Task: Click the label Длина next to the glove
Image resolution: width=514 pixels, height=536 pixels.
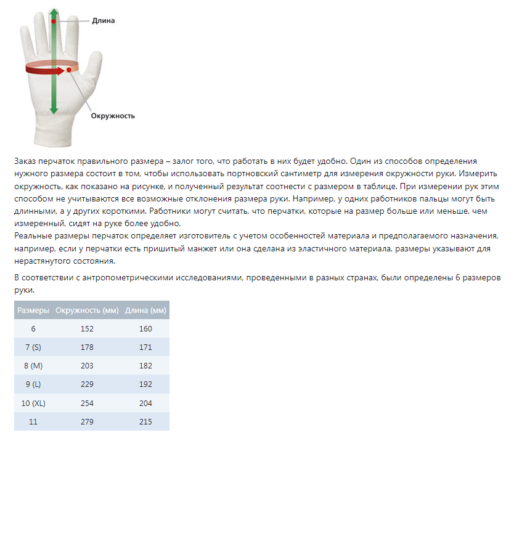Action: (x=103, y=20)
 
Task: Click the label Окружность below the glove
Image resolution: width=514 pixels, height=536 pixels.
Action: (x=113, y=115)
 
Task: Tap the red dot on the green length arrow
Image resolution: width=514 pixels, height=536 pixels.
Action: (x=54, y=22)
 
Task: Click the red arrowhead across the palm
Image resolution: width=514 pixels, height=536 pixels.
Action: (x=60, y=71)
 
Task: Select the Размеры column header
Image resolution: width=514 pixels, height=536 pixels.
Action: (x=33, y=310)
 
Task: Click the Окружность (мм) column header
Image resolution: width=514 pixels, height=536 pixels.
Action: (x=87, y=310)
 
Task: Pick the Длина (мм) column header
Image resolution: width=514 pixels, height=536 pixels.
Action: (x=145, y=310)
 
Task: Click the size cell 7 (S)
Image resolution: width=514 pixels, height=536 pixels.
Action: (x=33, y=347)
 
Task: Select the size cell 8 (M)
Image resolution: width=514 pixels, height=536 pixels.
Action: (x=33, y=366)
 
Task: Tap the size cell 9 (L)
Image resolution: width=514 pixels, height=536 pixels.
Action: (x=33, y=384)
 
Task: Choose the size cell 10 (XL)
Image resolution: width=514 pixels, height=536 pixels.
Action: (x=33, y=403)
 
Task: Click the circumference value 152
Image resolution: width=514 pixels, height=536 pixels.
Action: (x=87, y=329)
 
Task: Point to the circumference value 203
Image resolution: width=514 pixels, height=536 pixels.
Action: (x=87, y=366)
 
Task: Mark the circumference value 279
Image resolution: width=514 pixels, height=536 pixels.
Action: (x=87, y=421)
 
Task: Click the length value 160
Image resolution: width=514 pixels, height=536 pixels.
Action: (x=145, y=329)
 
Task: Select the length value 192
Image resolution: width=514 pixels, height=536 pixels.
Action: (x=145, y=384)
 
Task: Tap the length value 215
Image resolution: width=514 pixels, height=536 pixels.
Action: (x=145, y=421)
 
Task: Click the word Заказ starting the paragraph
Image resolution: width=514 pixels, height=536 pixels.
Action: (x=26, y=161)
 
